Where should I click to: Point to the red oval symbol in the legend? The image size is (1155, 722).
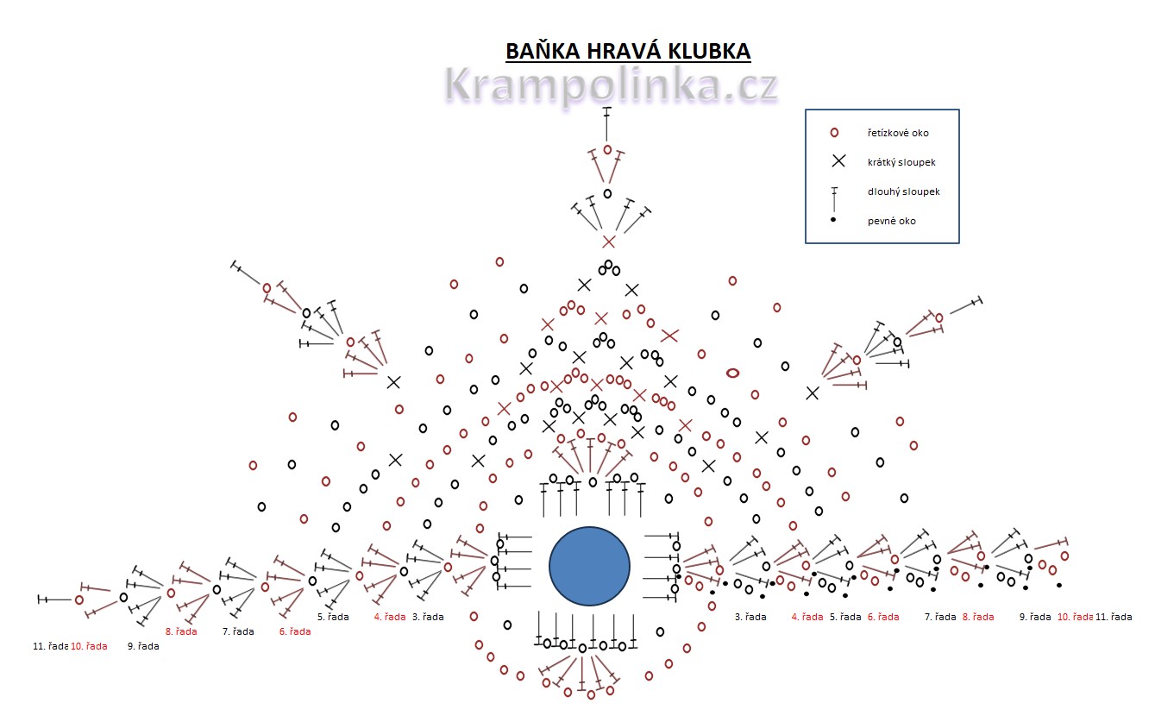pos(834,133)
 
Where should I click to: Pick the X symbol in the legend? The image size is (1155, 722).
pos(838,161)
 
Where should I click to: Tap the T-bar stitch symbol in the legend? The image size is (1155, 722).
pos(834,199)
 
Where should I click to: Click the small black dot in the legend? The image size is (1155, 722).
pos(833,221)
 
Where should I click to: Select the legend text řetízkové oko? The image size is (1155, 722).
pos(898,133)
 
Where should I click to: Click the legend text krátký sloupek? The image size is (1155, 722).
pos(901,162)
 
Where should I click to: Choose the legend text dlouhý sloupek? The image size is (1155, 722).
pos(903,191)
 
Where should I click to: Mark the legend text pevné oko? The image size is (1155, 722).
pos(892,221)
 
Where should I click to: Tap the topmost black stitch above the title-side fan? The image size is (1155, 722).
pos(607,122)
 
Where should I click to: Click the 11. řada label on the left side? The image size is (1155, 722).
pos(50,645)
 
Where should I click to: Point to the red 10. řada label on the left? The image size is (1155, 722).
pos(89,645)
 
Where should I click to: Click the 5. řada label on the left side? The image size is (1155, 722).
pos(332,617)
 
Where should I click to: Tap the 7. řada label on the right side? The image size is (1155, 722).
pos(939,617)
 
